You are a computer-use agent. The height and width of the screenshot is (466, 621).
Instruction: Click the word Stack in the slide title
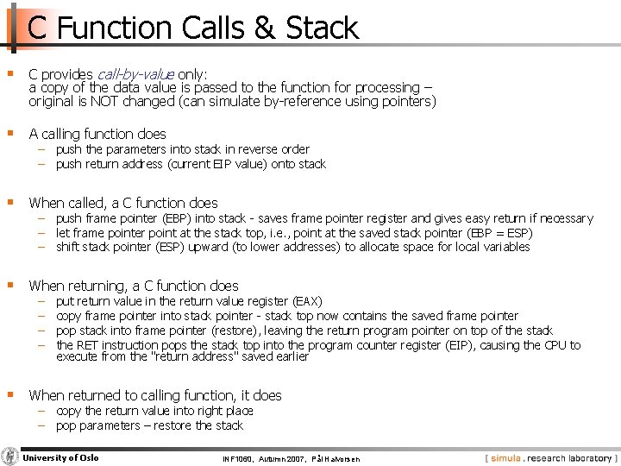point(322,28)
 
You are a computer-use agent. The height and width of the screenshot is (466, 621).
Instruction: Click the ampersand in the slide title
point(264,28)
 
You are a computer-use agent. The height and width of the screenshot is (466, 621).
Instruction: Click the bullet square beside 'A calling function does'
point(9,133)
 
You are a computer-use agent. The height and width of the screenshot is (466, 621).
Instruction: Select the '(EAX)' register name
point(308,301)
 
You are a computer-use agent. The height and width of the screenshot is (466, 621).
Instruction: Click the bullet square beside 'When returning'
point(9,285)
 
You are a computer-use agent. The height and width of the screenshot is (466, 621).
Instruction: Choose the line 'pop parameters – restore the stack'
point(149,425)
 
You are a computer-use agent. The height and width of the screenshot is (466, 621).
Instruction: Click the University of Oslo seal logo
point(10,457)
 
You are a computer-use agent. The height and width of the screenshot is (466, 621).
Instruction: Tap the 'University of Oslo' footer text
point(60,457)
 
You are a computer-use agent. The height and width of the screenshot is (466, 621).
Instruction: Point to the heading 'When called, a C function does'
point(123,203)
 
